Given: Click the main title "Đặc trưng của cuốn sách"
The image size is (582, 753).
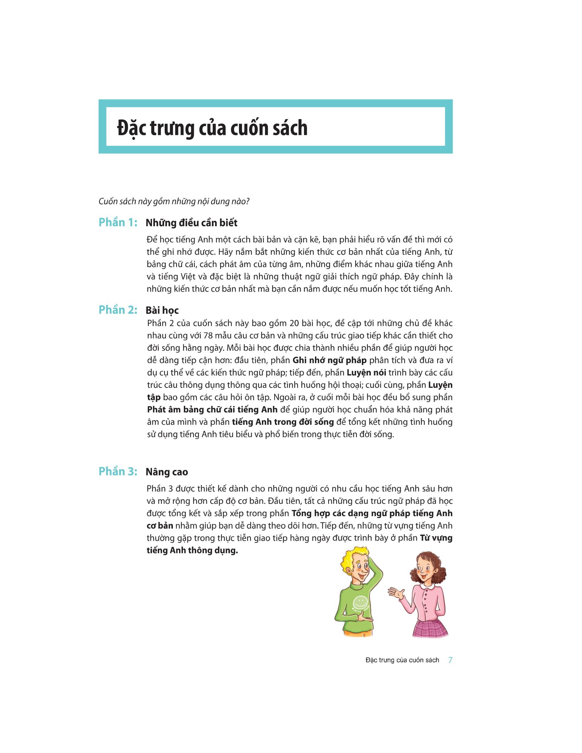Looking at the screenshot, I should click(x=212, y=128).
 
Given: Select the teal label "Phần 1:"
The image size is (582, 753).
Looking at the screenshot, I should click(x=118, y=222).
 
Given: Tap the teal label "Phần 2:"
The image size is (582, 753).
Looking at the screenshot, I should click(x=118, y=310).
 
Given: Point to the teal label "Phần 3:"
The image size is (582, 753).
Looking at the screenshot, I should click(x=118, y=471).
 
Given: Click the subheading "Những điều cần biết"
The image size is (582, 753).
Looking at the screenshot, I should click(x=191, y=223).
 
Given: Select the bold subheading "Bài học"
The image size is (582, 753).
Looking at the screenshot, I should click(x=162, y=310).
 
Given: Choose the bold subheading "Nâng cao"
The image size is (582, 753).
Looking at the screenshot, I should click(x=166, y=472).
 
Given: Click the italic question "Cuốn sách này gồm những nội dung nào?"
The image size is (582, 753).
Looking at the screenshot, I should click(x=174, y=201).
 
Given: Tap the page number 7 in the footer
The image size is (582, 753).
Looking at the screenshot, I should click(x=450, y=660).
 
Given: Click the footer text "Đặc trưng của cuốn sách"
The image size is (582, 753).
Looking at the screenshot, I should click(x=402, y=660).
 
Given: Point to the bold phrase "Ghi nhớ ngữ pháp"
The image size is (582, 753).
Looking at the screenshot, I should click(x=329, y=360).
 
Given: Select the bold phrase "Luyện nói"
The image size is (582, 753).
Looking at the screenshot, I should click(x=366, y=373).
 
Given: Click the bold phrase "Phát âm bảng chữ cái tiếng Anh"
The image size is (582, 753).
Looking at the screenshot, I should click(x=212, y=410).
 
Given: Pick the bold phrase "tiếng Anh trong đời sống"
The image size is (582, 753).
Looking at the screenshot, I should click(x=283, y=422).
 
